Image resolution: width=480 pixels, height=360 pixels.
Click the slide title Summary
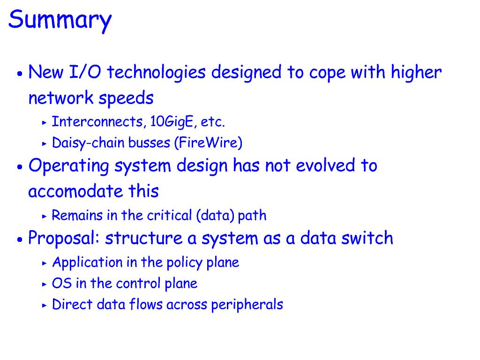(60, 20)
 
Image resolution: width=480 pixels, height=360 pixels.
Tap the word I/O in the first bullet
(85, 72)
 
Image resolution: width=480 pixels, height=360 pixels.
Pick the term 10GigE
(173, 122)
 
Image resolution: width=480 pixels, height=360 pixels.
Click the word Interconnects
(97, 121)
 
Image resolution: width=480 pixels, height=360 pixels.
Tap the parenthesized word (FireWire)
(208, 142)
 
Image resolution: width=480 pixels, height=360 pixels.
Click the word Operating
(68, 166)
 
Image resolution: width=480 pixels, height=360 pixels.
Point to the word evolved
(325, 165)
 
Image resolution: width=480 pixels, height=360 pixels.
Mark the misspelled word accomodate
(75, 192)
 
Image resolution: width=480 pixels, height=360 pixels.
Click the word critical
(170, 215)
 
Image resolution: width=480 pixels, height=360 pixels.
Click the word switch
(367, 238)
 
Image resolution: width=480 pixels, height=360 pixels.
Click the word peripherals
(247, 305)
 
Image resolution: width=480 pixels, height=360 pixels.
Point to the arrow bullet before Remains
(45, 217)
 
